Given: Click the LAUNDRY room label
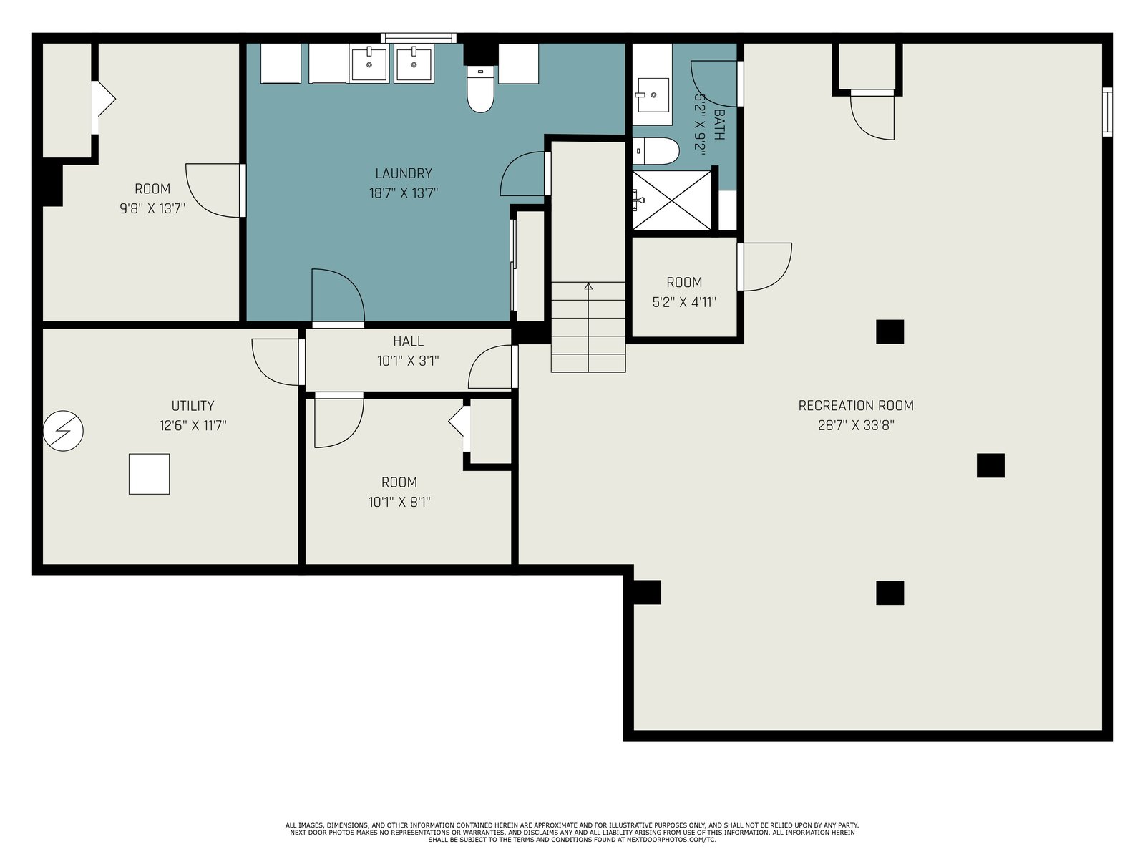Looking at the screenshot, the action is coord(403,173).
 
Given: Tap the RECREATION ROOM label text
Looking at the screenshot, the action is coord(855,405).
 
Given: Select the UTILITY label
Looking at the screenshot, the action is coord(193,405).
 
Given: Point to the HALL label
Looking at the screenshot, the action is coord(408,341).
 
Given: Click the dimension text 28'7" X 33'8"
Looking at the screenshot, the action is coord(855,425).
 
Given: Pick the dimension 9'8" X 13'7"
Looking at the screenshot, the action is coord(152,208).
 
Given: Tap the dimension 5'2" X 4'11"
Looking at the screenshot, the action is coord(684,302).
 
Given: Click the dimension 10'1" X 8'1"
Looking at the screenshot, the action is coord(399,502).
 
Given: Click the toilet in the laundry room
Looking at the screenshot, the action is coord(480,89).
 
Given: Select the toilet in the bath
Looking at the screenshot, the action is coord(656,151).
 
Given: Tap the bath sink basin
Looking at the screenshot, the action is coord(652,95).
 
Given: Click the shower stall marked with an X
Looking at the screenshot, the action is coord(671,200).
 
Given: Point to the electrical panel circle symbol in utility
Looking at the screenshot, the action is coord(63,431).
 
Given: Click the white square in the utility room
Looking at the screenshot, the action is coord(149,474).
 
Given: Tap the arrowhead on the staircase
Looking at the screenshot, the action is coord(588,286).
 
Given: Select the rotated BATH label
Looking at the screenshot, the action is coord(718,124).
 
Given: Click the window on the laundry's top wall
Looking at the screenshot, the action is coord(419,38).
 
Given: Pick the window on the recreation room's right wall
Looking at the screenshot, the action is coord(1107,112).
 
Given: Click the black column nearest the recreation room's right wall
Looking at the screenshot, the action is coord(990,465).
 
